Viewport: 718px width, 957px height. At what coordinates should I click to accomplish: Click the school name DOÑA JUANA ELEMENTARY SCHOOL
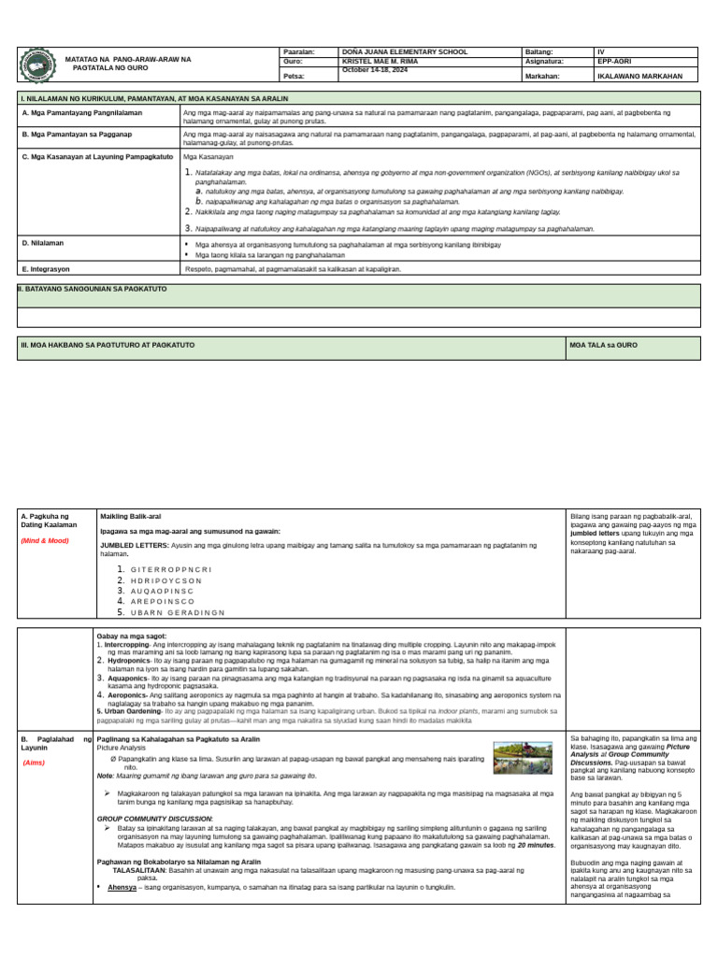[x=405, y=52]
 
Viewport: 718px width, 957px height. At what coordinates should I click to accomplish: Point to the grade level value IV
[x=602, y=52]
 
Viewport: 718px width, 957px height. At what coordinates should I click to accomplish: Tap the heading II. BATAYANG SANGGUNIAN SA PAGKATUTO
[x=93, y=290]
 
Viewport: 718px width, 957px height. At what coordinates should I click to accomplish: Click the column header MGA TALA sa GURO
[x=603, y=345]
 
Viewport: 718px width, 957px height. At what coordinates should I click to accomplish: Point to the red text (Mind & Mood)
[x=45, y=540]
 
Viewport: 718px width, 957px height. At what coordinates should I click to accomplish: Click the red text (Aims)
[x=36, y=763]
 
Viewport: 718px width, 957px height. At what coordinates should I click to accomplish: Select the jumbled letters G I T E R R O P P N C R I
[x=171, y=569]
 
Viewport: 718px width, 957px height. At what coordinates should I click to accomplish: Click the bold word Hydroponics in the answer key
[x=125, y=660]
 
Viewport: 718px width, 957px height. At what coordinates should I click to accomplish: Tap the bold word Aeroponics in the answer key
[x=124, y=695]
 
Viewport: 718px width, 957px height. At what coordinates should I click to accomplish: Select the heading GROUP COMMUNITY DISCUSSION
[x=154, y=818]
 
